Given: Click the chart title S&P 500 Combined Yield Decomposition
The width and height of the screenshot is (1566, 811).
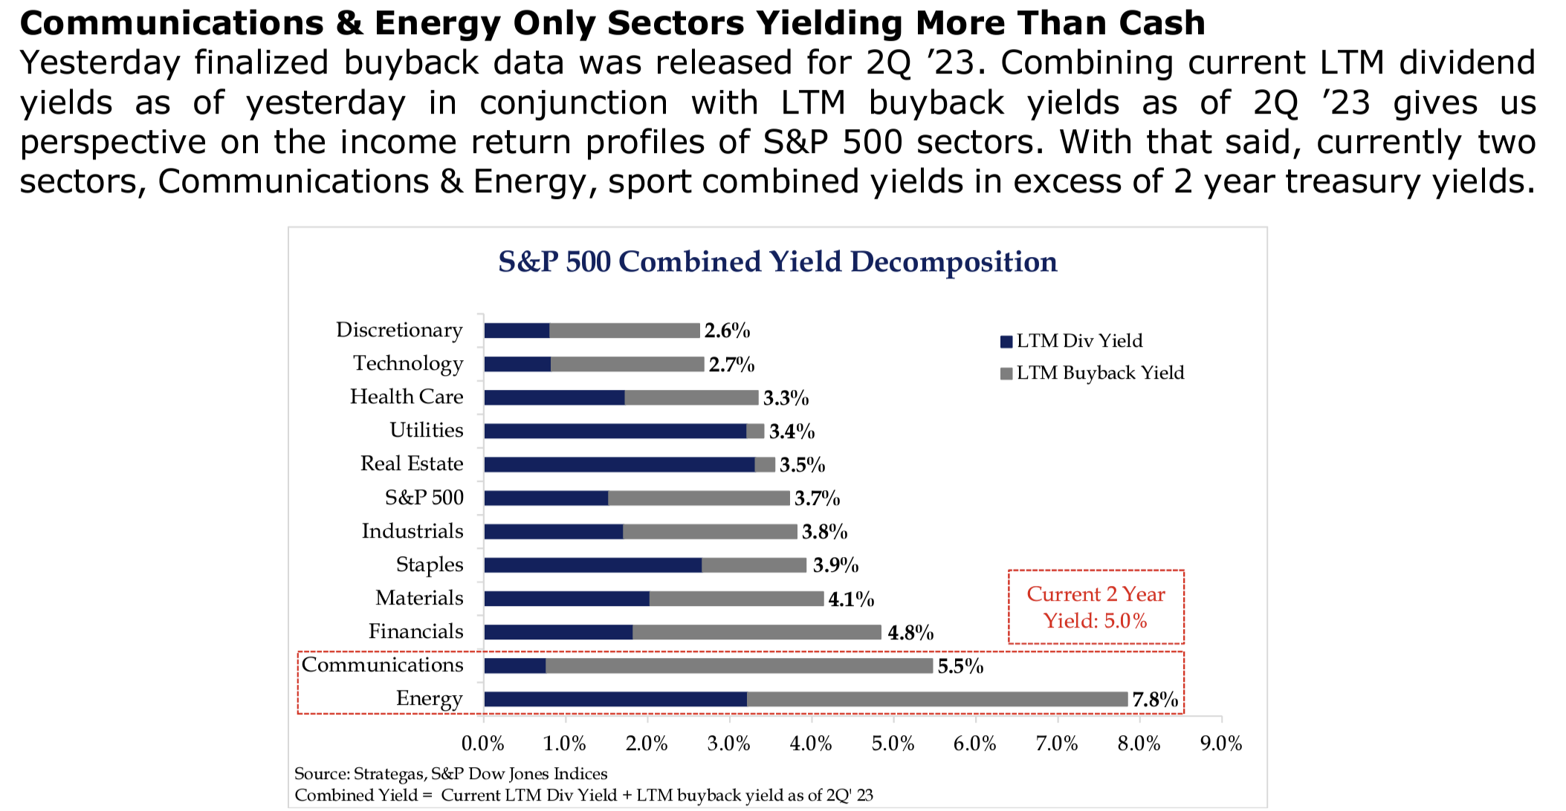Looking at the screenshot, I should (x=777, y=262).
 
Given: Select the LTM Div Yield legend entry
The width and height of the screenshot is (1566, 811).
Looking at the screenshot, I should (x=1071, y=341).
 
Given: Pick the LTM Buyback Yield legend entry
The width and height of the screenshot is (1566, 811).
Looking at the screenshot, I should (x=1092, y=373).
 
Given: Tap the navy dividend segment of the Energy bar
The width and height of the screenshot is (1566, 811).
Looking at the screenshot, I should (x=615, y=699).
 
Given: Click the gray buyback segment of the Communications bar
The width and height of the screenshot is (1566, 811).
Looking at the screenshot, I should (x=739, y=665).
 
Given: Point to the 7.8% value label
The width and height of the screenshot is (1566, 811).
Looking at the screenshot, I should (x=1154, y=700).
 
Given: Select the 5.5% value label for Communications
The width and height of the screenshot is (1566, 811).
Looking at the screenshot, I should (x=960, y=666).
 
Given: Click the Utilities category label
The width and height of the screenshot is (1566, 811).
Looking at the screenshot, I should (x=426, y=430).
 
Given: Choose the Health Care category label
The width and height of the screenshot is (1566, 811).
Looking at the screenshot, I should (x=406, y=397).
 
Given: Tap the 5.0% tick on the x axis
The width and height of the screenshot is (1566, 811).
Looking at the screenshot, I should (x=893, y=743).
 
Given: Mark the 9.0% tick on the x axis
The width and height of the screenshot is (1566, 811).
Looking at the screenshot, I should (x=1220, y=743).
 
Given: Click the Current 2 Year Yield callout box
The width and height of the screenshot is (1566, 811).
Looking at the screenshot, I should (x=1096, y=607).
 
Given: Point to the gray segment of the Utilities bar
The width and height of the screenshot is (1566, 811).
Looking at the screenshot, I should (x=755, y=431).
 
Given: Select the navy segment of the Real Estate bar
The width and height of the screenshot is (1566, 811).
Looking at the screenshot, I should (x=619, y=465).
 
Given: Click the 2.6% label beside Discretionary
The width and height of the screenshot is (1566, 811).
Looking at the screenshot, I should (x=727, y=330).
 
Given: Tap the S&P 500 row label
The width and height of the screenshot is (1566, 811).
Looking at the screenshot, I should (x=424, y=498).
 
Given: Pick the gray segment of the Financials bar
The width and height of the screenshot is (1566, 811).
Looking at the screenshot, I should (x=757, y=632).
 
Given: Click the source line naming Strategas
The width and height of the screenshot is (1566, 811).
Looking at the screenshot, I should (x=450, y=774).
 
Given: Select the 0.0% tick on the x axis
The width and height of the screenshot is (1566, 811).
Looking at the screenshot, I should (x=483, y=743).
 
